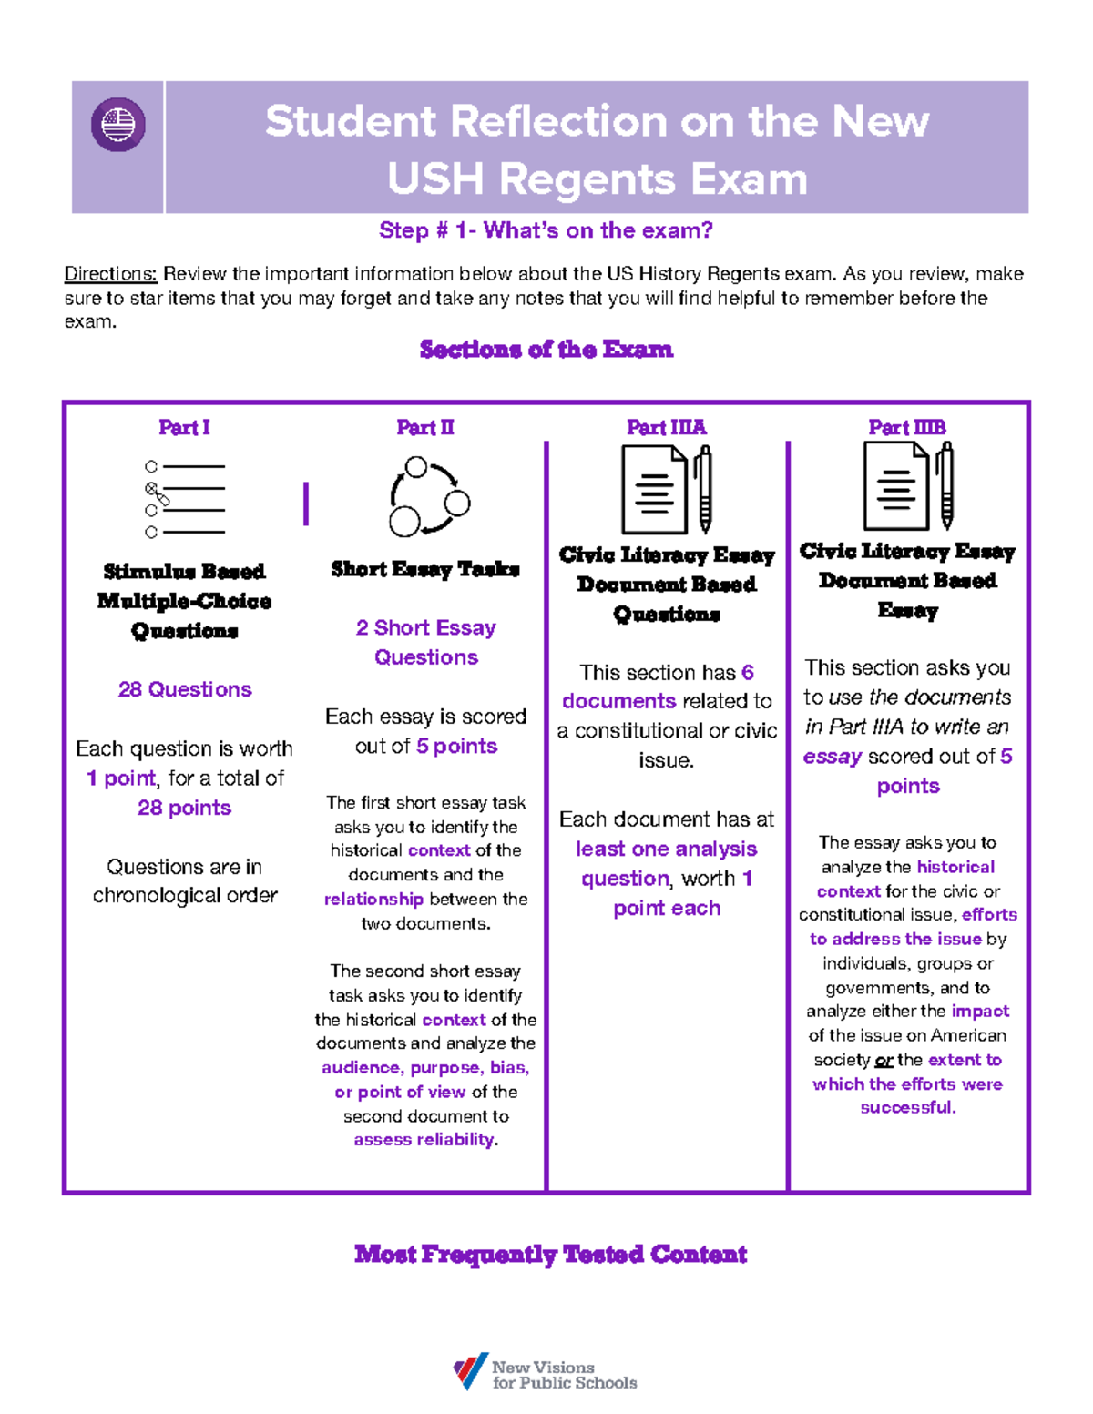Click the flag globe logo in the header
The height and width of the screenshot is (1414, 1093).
coord(118,125)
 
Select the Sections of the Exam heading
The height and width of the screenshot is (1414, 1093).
coord(546,350)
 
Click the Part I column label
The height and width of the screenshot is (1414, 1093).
coord(184,427)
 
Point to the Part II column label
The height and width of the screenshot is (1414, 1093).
coord(425,427)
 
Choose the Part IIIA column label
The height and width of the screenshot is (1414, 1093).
coord(666,427)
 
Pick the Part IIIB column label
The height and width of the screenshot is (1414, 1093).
coord(907,427)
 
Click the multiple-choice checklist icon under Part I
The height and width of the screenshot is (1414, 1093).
coord(185,499)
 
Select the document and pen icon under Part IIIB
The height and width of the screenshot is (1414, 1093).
coord(908,486)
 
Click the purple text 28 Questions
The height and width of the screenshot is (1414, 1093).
coord(185,689)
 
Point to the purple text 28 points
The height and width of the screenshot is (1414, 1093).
coord(184,808)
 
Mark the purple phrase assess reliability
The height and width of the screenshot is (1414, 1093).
coord(424,1140)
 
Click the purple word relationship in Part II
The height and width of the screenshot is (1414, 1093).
coord(373,900)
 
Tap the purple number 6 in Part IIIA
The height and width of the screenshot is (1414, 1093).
coord(748,673)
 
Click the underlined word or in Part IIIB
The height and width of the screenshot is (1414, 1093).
coord(884,1061)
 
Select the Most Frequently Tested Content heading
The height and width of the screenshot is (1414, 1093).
coord(550,1255)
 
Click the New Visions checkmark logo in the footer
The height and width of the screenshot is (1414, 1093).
coord(471,1371)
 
